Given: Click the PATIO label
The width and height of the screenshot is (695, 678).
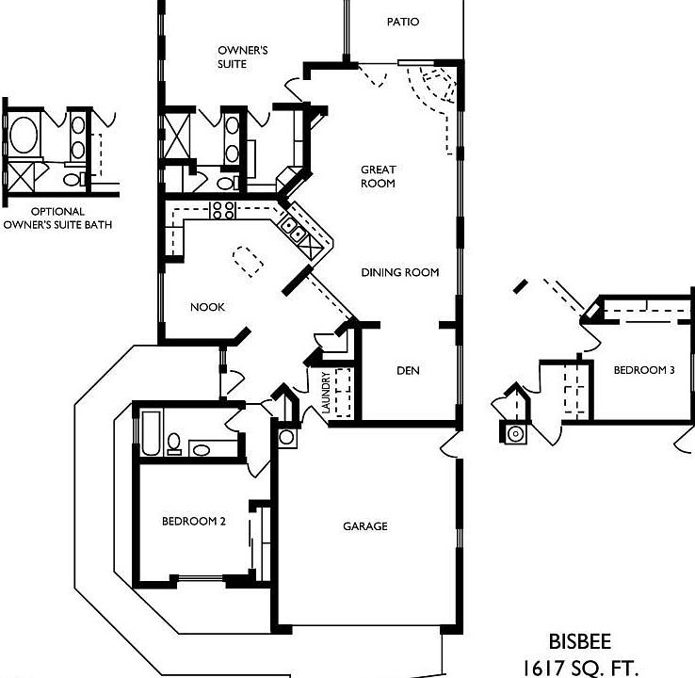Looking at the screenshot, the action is (403, 22).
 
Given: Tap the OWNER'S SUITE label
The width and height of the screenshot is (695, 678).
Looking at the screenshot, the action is (242, 57).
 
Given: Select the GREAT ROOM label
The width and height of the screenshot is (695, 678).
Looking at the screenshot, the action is (378, 176).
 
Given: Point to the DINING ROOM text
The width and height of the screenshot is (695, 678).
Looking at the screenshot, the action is (400, 272).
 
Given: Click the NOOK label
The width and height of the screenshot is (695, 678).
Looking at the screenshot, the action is (207, 307).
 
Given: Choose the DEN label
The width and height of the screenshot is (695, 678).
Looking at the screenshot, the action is (408, 370).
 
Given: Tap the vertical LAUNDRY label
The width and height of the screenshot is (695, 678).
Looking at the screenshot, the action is (326, 393).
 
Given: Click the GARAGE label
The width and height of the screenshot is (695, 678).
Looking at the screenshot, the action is (365, 526).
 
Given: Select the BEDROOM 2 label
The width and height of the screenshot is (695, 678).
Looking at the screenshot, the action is (194, 521).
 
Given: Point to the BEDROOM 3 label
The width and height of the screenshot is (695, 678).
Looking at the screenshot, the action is (644, 370).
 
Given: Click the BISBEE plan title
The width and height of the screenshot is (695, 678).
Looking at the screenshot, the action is (580, 641).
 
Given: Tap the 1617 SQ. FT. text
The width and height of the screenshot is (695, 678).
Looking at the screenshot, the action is (581, 668).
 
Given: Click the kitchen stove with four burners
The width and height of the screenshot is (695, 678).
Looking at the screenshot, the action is (223, 210).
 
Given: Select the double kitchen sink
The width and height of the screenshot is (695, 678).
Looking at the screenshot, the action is (292, 230).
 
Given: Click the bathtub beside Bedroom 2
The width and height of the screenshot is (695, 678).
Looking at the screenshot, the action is (151, 433).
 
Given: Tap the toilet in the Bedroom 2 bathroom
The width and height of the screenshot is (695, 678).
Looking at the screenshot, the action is (173, 444).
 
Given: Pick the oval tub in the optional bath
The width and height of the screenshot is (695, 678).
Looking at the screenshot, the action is (24, 136).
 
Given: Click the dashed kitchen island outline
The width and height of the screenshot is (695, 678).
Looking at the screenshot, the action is (249, 262).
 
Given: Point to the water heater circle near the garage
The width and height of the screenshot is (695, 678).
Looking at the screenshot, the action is (286, 437).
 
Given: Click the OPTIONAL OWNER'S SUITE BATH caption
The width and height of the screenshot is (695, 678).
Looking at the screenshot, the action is (57, 218).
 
